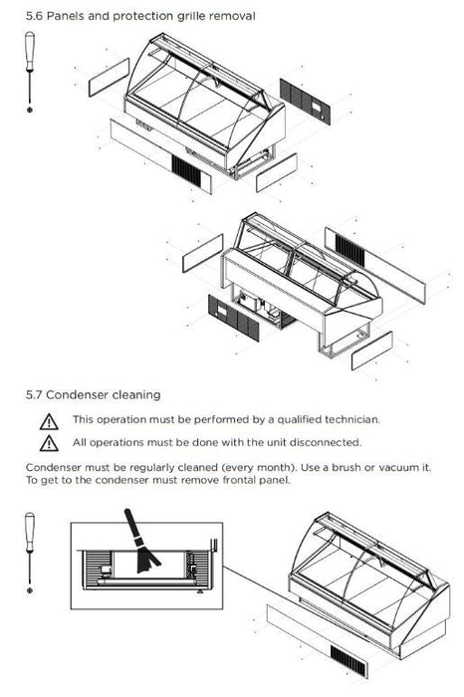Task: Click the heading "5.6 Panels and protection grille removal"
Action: click(140, 17)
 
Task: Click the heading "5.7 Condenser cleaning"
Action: click(94, 394)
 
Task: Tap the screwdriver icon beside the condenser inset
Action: click(30, 553)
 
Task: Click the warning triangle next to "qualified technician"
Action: click(49, 422)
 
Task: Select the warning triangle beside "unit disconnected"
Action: click(49, 444)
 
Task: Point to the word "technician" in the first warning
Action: click(352, 419)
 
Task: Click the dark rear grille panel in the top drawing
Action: click(305, 102)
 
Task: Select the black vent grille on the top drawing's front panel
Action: click(186, 168)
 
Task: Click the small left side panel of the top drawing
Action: click(109, 78)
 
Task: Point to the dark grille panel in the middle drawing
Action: click(233, 318)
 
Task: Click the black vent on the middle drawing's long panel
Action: click(349, 250)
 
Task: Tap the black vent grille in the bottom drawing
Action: click(348, 661)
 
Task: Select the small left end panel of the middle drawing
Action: click(203, 253)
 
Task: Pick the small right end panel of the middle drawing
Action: click(371, 350)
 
